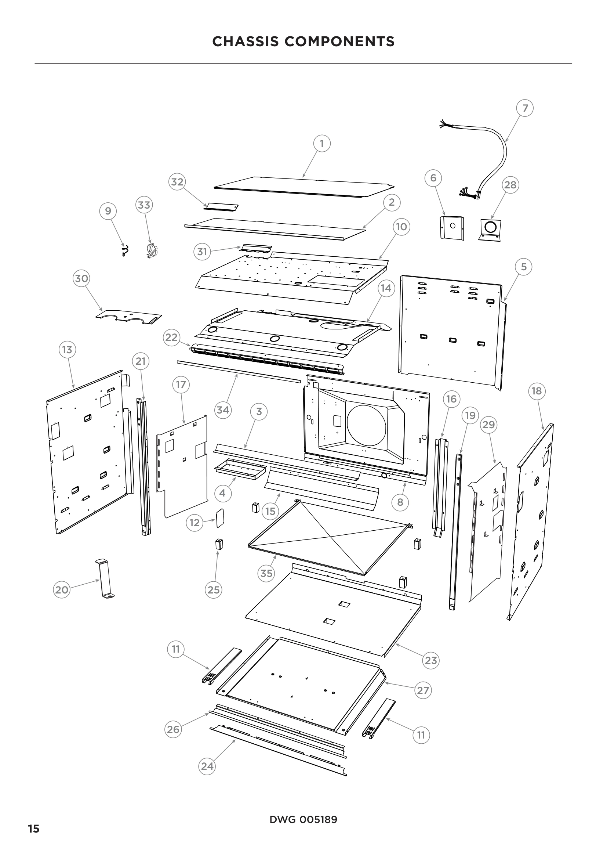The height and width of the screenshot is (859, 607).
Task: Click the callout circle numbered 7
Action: [525, 108]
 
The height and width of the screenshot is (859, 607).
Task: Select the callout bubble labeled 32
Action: [177, 182]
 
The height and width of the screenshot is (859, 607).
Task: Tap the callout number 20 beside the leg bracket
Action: [62, 590]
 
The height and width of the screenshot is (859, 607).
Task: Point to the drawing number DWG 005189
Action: [303, 819]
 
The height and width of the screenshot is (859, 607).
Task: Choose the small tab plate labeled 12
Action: [220, 518]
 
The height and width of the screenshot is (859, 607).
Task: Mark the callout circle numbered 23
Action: [430, 660]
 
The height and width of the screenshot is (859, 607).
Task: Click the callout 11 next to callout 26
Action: [176, 649]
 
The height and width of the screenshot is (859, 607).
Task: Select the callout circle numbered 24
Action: [207, 766]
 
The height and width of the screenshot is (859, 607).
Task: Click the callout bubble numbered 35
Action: [266, 573]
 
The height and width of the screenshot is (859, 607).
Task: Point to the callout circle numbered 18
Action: [537, 391]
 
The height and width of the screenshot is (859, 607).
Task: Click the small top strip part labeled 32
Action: [222, 207]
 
